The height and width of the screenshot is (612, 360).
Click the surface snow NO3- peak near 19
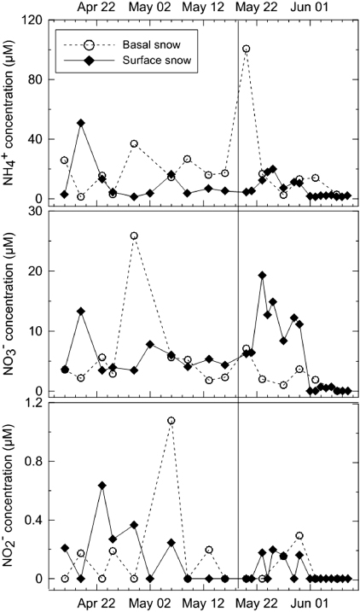coord(262,275)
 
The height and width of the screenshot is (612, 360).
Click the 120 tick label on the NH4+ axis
coord(37,18)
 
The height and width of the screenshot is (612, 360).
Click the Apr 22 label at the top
coord(96,8)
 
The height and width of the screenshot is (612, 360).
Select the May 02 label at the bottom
coord(148,603)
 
